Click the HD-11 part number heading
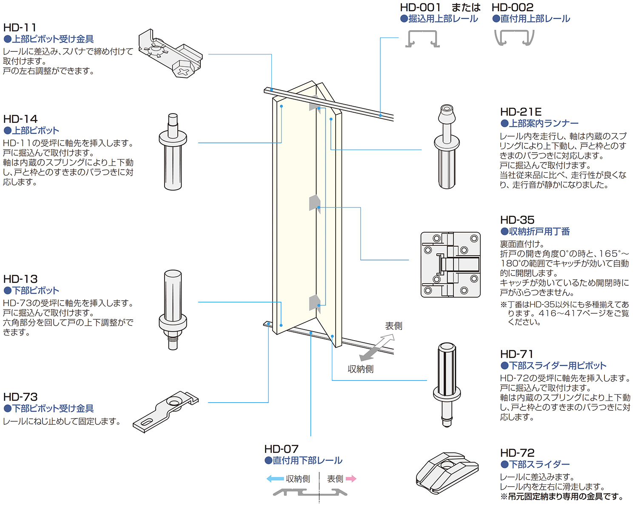pos(20,28)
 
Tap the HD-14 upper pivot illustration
pos(173,152)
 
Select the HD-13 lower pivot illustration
pos(173,310)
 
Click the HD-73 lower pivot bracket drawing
pos(165,412)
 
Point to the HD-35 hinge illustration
pos(450,264)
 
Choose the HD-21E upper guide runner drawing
pos(447,147)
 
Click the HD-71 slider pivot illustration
pos(447,385)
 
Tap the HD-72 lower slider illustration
pos(447,472)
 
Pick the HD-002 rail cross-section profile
pos(514,37)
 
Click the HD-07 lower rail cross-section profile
pos(310,492)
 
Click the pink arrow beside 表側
pos(351,479)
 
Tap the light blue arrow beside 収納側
pos(275,479)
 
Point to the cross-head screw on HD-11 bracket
pos(183,71)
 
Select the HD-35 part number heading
pos(517,220)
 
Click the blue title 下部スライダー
pos(539,464)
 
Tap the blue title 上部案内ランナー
pos(544,123)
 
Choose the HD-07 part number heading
pos(281,449)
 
